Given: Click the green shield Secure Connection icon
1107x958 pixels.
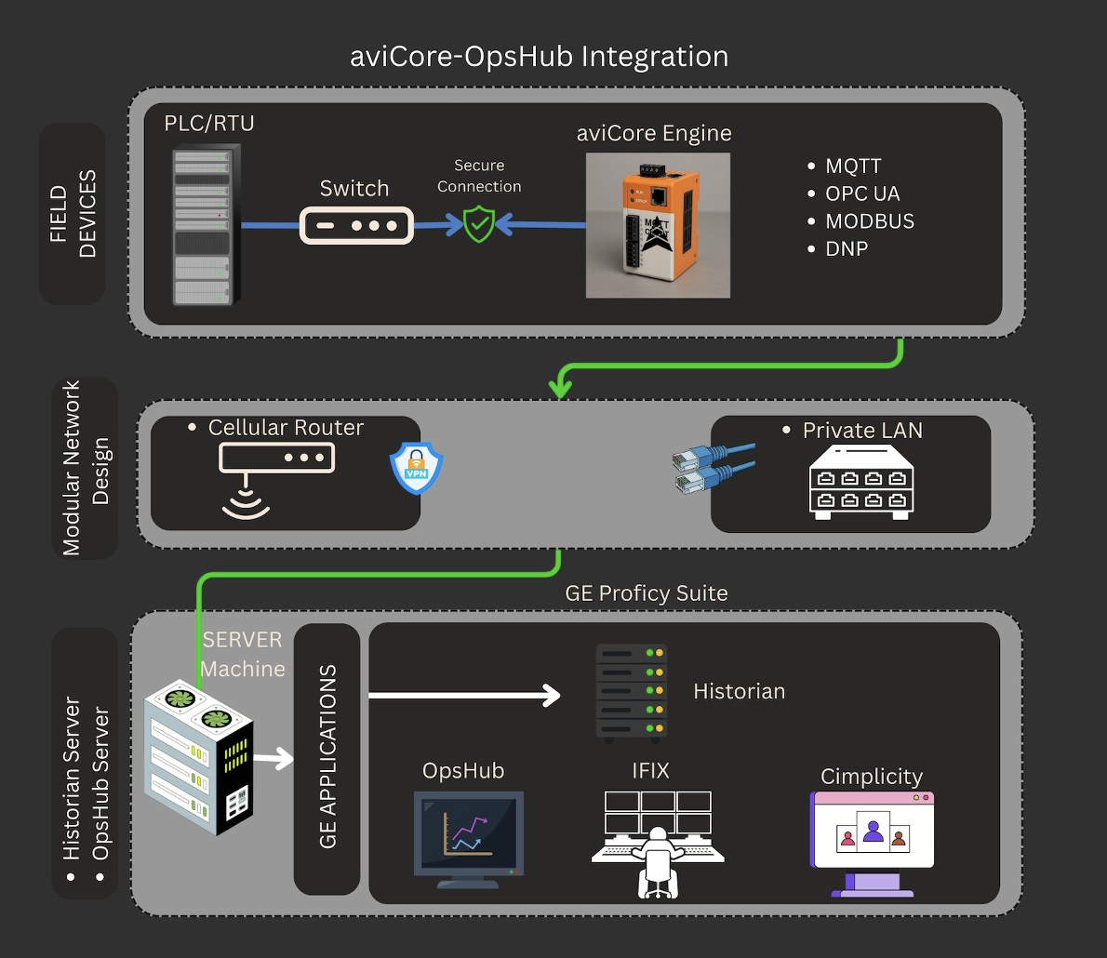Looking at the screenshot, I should click(478, 224).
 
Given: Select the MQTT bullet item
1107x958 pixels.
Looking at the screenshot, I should click(853, 166).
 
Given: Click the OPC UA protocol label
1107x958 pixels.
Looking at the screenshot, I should click(862, 194).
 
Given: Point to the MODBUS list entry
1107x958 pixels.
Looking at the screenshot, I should click(870, 221).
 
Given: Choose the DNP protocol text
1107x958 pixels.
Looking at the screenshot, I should click(847, 249).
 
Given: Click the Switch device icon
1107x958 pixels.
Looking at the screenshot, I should click(356, 226).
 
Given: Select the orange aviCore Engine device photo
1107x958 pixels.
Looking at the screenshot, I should click(658, 226).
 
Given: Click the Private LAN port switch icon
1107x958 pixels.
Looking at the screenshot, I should click(861, 481).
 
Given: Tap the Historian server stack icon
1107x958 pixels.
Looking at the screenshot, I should click(631, 693).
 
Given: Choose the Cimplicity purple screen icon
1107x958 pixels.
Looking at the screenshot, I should click(873, 843).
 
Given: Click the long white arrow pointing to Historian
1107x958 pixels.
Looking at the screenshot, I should click(464, 695).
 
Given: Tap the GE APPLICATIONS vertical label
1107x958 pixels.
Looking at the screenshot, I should click(327, 757).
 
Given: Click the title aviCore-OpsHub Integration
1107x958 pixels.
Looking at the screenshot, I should click(539, 57).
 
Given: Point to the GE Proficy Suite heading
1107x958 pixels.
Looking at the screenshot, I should click(646, 593).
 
